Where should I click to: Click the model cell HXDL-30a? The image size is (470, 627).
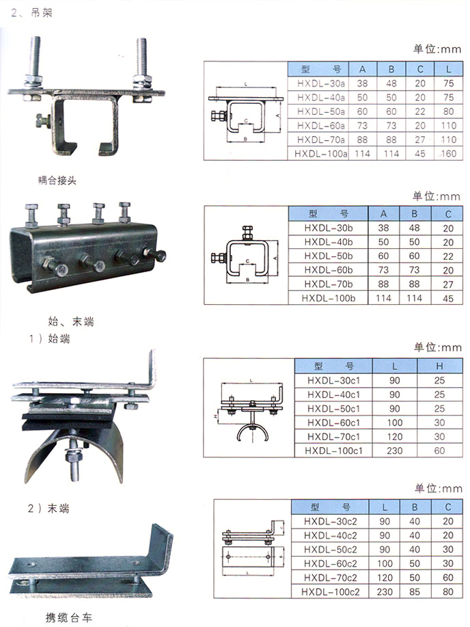(x=321, y=83)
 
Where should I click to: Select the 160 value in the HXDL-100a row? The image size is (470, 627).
(x=448, y=154)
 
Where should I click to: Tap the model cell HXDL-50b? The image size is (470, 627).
(x=328, y=256)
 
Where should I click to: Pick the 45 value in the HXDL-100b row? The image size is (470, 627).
(x=448, y=298)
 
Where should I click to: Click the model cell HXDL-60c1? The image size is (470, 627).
(x=334, y=423)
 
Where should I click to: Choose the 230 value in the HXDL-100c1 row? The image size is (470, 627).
(x=394, y=451)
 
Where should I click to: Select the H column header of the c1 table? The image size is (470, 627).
(x=440, y=366)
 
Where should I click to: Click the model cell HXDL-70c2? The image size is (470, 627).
(x=330, y=577)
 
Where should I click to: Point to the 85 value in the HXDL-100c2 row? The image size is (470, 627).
(x=415, y=591)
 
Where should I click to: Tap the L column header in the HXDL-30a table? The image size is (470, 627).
(x=448, y=69)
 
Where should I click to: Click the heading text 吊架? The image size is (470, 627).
(x=42, y=13)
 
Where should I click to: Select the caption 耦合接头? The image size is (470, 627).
(x=57, y=181)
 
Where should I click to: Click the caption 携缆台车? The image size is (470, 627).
(x=69, y=617)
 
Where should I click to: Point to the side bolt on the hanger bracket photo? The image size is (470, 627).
(x=43, y=121)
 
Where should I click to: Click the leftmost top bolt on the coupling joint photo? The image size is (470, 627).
(x=31, y=216)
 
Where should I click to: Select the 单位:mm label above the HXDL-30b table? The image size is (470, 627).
(x=437, y=196)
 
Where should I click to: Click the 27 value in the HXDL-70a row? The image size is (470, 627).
(x=419, y=139)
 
